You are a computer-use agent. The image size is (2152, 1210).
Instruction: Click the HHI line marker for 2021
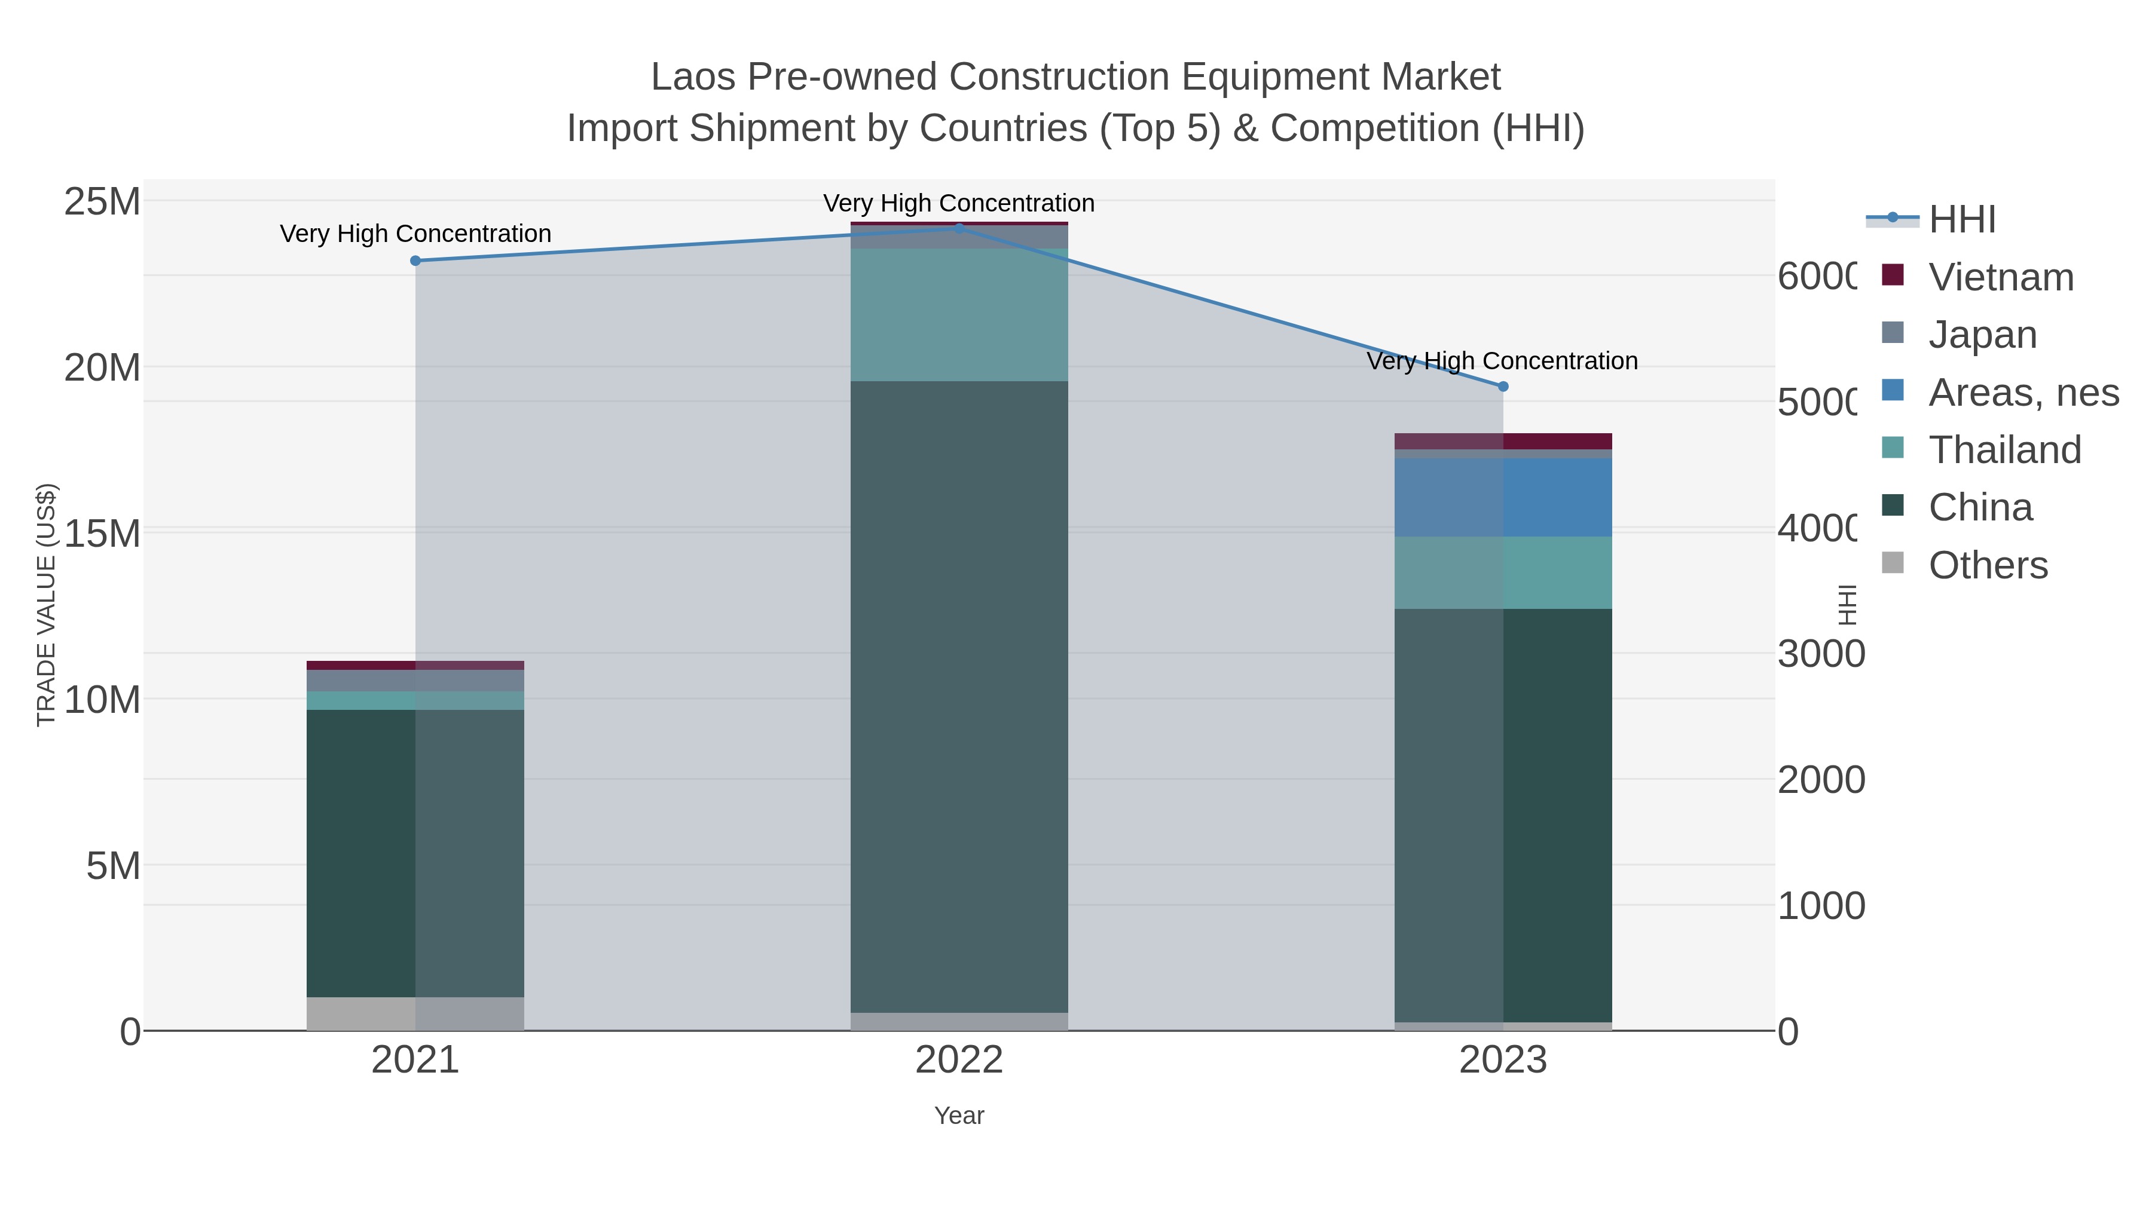click(415, 261)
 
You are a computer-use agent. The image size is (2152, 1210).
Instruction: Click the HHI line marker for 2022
click(959, 228)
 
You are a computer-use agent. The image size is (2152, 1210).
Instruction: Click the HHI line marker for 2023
click(1503, 387)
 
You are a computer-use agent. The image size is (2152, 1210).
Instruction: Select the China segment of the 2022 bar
click(959, 697)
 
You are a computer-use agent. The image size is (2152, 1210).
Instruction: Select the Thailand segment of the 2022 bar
click(959, 315)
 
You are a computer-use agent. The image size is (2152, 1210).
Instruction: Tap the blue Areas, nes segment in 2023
click(1503, 497)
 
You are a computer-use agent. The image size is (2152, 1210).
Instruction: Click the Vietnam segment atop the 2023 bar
click(1503, 441)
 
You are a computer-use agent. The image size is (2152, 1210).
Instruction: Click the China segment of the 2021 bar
click(415, 851)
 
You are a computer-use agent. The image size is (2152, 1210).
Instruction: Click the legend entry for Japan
click(1982, 335)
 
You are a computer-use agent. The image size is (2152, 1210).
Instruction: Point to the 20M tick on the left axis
click(102, 367)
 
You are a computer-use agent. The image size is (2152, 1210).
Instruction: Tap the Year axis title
click(959, 1116)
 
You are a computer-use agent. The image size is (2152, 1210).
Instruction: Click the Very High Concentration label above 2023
click(1501, 362)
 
